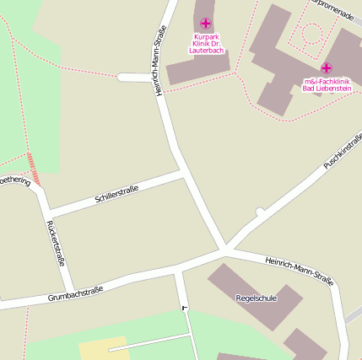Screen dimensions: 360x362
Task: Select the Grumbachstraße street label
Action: (x=75, y=293)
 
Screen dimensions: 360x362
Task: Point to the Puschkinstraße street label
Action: (x=343, y=150)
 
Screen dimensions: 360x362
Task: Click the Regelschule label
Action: (x=257, y=298)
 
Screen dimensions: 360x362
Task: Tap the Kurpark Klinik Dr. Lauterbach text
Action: (x=205, y=44)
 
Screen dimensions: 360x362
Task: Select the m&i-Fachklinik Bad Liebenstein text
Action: (x=327, y=85)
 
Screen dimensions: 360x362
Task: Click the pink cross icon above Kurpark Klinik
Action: (x=205, y=24)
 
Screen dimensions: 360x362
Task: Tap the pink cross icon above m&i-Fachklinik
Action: (x=327, y=67)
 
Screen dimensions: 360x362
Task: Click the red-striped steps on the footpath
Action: (x=33, y=169)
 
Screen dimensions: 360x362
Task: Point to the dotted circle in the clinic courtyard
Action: (x=312, y=34)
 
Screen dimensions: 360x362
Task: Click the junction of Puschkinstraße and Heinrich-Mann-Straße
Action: (x=225, y=250)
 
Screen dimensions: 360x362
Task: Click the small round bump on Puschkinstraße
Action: (x=261, y=210)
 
